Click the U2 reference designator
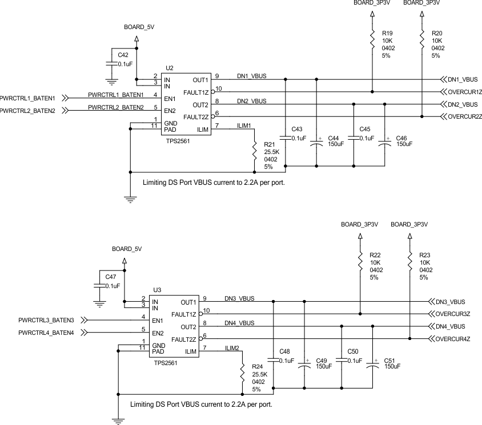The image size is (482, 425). (169, 68)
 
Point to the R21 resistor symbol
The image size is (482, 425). (255, 151)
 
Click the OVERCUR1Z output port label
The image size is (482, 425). (465, 92)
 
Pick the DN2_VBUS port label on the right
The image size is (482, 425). (463, 104)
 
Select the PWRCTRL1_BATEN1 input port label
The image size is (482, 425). (27, 98)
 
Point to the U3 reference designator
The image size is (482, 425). (157, 290)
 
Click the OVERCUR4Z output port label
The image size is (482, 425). (452, 339)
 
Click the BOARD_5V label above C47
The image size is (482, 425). (126, 249)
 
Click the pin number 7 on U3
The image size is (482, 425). (204, 347)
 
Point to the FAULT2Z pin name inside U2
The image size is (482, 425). (196, 117)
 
